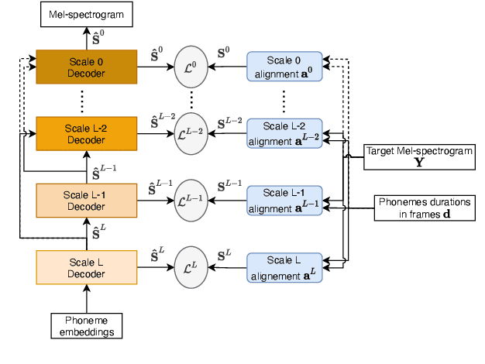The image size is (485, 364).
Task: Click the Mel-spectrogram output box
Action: click(87, 15)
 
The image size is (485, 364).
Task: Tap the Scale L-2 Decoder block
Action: click(87, 133)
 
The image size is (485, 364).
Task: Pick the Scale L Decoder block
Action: click(87, 267)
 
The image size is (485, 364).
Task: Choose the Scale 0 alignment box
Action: click(284, 67)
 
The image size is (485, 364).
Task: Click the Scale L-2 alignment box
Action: click(284, 132)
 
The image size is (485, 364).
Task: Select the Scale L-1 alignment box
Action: click(284, 200)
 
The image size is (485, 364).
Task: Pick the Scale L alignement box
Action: click(284, 267)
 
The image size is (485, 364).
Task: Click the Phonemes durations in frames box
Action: click(424, 208)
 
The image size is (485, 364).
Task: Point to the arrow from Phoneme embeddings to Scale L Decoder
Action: click(87, 300)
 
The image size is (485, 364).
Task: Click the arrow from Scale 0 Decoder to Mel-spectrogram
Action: click(87, 38)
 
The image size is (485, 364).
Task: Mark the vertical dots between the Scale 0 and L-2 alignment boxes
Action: click(284, 99)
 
